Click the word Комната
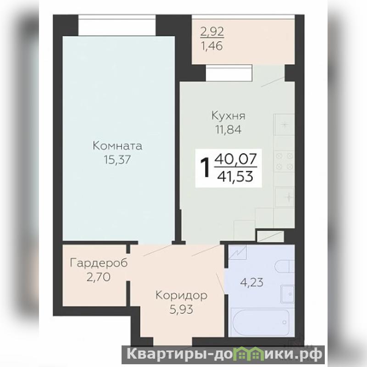(117, 146)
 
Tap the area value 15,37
(117, 160)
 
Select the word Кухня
(228, 116)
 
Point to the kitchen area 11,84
(228, 129)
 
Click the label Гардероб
(99, 263)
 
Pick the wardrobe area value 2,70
(98, 277)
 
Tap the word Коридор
(181, 295)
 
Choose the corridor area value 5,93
(181, 309)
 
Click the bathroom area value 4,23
(251, 282)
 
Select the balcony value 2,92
(212, 32)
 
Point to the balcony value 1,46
(212, 46)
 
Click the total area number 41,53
(235, 177)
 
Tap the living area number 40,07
(235, 159)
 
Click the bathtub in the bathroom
(261, 323)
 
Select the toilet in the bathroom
(284, 267)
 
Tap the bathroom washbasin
(288, 294)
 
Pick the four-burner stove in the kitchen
(284, 161)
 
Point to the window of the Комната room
(117, 26)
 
